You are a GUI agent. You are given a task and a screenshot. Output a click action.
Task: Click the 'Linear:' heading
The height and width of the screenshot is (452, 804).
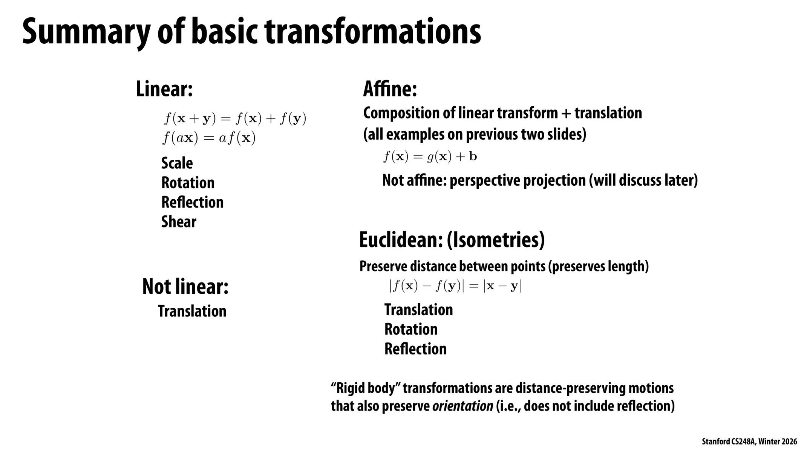pyautogui.click(x=164, y=89)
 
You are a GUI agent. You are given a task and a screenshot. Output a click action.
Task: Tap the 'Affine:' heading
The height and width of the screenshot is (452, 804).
pyautogui.click(x=390, y=89)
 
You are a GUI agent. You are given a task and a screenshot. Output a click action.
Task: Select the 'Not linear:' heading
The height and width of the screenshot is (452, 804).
pyautogui.click(x=185, y=287)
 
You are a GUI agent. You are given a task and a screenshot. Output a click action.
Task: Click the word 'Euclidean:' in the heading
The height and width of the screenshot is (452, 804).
pyautogui.click(x=400, y=240)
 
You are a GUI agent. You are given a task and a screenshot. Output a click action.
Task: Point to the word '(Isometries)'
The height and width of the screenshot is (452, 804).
pyautogui.click(x=496, y=240)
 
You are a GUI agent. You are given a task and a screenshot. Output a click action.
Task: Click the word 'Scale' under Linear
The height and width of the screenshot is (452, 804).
pyautogui.click(x=177, y=163)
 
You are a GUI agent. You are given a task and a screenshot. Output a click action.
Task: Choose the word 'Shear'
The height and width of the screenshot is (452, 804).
pyautogui.click(x=179, y=222)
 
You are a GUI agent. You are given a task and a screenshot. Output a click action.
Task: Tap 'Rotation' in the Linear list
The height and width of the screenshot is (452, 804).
pyautogui.click(x=188, y=183)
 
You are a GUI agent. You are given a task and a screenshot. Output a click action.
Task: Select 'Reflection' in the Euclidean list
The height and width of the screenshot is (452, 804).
pyautogui.click(x=415, y=349)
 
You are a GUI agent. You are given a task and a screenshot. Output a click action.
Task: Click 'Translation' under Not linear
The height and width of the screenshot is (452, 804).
pyautogui.click(x=192, y=311)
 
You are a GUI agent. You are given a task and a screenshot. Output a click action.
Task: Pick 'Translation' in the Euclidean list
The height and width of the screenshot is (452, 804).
pyautogui.click(x=418, y=310)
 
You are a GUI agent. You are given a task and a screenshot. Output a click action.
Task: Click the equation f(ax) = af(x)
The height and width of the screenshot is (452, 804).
pyautogui.click(x=209, y=138)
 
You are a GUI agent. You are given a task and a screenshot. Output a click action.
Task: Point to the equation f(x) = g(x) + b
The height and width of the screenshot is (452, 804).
pyautogui.click(x=430, y=156)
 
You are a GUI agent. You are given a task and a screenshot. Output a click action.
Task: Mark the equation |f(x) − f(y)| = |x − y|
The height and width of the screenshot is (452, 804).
pyautogui.click(x=455, y=286)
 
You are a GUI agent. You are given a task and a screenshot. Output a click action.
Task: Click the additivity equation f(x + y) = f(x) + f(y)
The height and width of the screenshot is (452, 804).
pyautogui.click(x=235, y=119)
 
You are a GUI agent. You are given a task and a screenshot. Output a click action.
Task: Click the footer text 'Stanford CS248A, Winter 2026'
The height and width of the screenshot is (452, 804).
pyautogui.click(x=749, y=441)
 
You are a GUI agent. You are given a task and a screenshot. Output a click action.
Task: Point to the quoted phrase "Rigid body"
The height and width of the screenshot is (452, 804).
pyautogui.click(x=365, y=388)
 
